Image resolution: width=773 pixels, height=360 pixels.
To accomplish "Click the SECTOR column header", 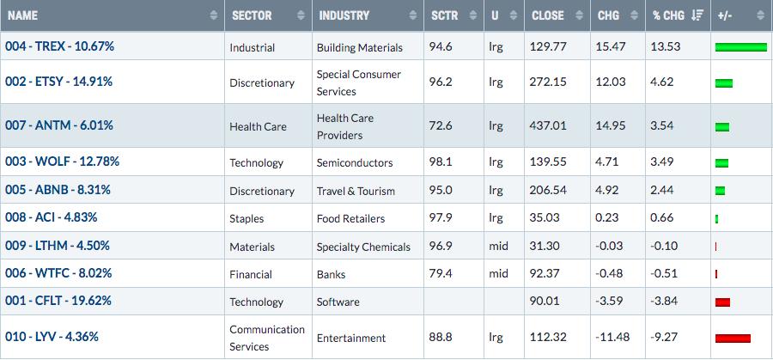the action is pos(252,15).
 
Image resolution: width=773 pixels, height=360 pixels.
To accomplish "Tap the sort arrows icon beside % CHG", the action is pos(697,15).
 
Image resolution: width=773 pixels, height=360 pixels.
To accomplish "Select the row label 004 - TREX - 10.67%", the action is pos(59,46).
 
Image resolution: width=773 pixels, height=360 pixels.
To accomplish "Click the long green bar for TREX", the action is pos(741,47).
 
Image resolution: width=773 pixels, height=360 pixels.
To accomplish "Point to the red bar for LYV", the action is pos(733,339).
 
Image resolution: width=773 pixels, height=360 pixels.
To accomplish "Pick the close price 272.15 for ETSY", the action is pos(548,82).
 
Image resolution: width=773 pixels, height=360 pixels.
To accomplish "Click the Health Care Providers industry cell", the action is pos(345,126).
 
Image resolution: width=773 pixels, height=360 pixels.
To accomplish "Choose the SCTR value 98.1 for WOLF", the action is pos(441,162).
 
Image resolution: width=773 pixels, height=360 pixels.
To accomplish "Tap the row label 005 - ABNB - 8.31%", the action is pos(58,189).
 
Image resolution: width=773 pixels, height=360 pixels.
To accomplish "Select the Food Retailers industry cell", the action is pos(350,218).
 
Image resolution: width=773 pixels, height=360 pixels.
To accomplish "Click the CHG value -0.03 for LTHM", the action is pos(609,246).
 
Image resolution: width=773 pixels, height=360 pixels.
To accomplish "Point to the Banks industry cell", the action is pos(331,274).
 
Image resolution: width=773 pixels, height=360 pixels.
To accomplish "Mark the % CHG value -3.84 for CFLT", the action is pos(664,301).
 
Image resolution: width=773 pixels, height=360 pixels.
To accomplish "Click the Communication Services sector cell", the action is pos(267,338).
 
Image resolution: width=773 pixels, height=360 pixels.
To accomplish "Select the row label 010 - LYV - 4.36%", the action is pos(52,337).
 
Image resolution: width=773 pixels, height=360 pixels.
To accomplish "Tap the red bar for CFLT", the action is pos(722,302).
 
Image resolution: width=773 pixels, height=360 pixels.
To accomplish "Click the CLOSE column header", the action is pos(547,15).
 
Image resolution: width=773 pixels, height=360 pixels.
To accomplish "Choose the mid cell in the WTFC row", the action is pos(498,273).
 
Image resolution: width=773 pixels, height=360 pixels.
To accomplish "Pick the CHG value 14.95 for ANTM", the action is pos(611,125).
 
